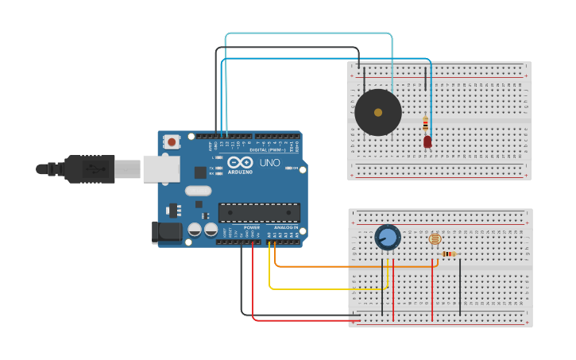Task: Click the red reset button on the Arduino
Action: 172,142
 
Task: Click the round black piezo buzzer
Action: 378,113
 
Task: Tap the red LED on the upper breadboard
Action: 427,141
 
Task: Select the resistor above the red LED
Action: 426,124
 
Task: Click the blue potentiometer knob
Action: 388,237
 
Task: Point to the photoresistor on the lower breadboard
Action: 434,238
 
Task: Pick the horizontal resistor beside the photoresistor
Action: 449,254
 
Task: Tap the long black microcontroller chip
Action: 259,213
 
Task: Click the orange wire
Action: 334,266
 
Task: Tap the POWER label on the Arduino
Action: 251,227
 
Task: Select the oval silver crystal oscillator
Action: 198,191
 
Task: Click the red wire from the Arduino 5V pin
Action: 302,320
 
